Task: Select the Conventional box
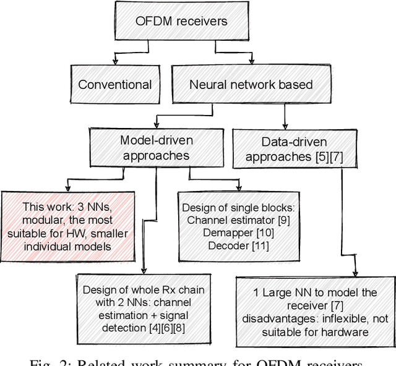(x=115, y=85)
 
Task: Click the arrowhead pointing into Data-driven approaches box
(x=284, y=127)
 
